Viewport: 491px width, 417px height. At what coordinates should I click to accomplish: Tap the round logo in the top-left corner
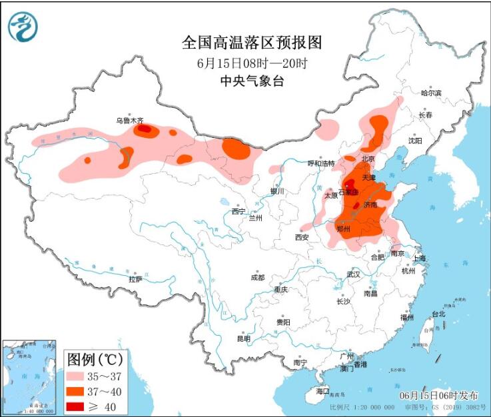tap(23, 27)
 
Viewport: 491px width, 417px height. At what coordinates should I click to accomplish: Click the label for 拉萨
tap(136, 280)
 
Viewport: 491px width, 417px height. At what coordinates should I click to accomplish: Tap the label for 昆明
tap(244, 338)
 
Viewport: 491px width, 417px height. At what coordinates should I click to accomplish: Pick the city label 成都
tap(257, 277)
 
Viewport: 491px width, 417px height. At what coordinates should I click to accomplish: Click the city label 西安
tap(302, 237)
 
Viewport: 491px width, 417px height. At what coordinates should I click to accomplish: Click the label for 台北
tap(438, 314)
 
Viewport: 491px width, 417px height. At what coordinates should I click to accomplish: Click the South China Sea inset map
tap(30, 376)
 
